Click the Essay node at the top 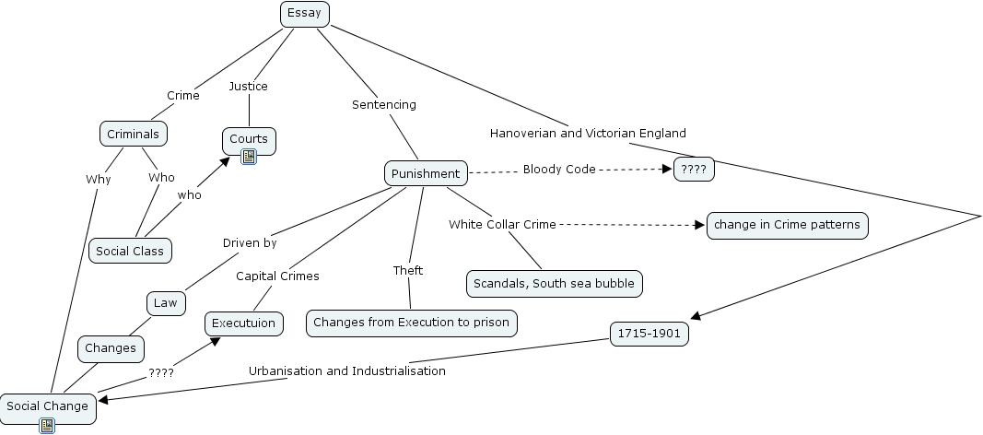pos(304,13)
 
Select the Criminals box pos(134,134)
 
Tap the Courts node pos(249,139)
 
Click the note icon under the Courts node pos(249,157)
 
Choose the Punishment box pos(425,173)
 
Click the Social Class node pos(130,251)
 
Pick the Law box pos(166,302)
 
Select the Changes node pos(111,347)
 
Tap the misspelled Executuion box pos(243,323)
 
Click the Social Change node pos(48,406)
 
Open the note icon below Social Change pos(47,425)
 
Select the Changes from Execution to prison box pos(411,323)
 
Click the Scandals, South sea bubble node pos(554,283)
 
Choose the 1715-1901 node pos(649,335)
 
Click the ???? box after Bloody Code pos(693,170)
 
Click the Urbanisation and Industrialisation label pos(347,371)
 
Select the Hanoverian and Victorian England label pos(588,133)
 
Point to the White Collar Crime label pos(503,224)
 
